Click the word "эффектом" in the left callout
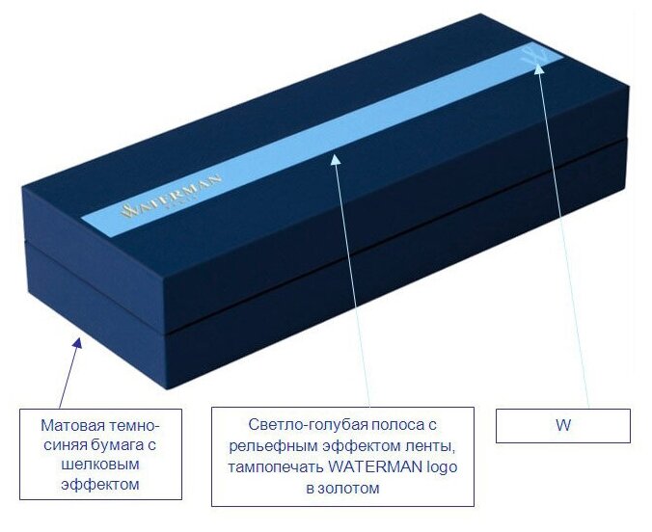101,485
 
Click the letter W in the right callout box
563,425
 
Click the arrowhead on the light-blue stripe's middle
336,158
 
